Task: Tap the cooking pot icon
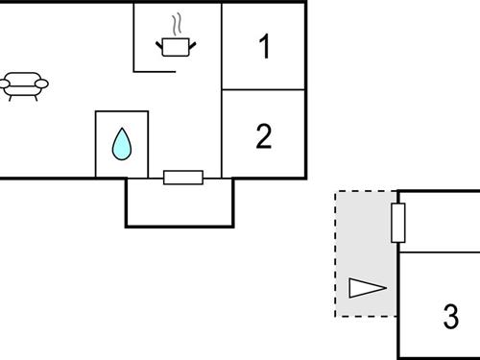pyautogui.click(x=173, y=46)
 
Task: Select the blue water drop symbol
pyautogui.click(x=122, y=144)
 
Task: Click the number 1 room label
pyautogui.click(x=264, y=46)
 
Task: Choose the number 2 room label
pyautogui.click(x=264, y=135)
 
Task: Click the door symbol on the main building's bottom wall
pyautogui.click(x=182, y=178)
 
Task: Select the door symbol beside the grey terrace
pyautogui.click(x=398, y=223)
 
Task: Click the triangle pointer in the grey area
pyautogui.click(x=366, y=287)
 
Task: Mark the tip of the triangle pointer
pyautogui.click(x=385, y=287)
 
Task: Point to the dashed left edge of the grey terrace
pyautogui.click(x=335, y=254)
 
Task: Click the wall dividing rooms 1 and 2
pyautogui.click(x=264, y=91)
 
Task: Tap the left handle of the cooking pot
pyautogui.click(x=160, y=42)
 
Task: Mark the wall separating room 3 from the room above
pyautogui.click(x=440, y=252)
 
